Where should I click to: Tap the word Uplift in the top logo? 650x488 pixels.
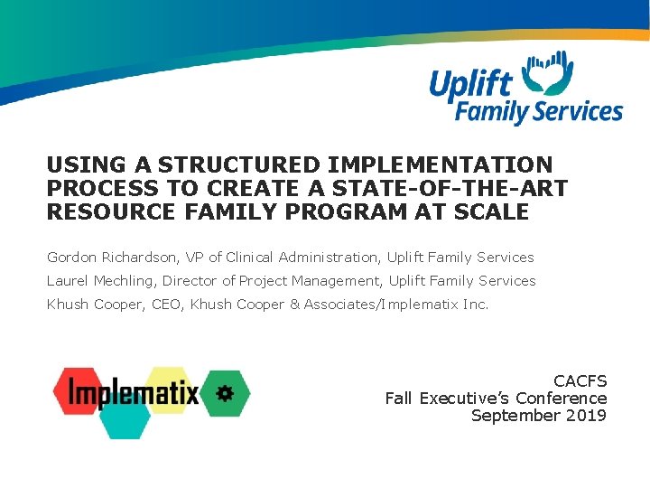coord(471,84)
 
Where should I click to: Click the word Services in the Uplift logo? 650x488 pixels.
coord(578,113)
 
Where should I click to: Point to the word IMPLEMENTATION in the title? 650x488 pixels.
coord(441,165)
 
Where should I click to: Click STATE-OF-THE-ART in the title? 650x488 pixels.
coord(466,189)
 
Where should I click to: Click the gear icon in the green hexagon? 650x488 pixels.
coord(224,393)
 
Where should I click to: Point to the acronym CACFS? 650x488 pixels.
coord(580,381)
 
